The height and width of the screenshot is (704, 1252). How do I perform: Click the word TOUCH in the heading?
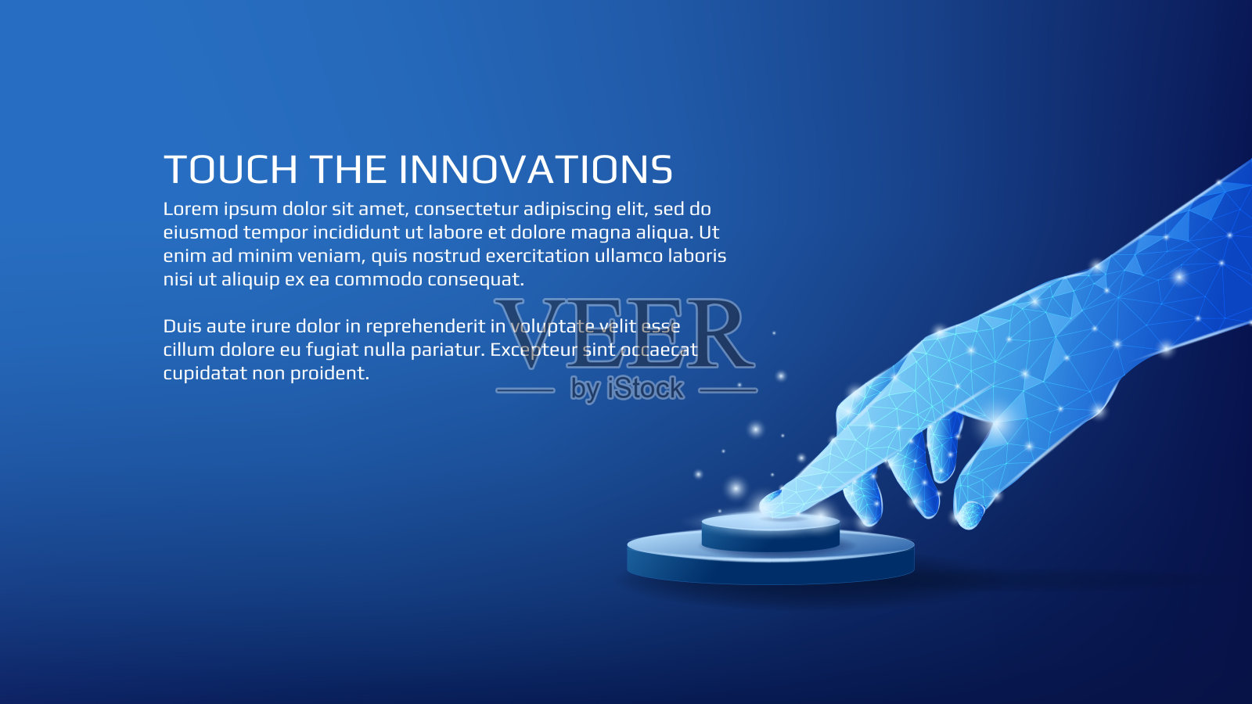[x=230, y=169]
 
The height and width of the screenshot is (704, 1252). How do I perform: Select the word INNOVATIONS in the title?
[x=535, y=169]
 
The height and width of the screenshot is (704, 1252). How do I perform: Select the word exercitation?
[x=537, y=256]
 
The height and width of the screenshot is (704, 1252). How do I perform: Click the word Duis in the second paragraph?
[x=182, y=326]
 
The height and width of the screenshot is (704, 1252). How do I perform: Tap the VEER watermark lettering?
[x=624, y=334]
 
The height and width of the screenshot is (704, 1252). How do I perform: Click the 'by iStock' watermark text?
[x=627, y=388]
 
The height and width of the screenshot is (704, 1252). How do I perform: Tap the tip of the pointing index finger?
[x=765, y=508]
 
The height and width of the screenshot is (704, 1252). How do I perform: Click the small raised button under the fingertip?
[x=771, y=533]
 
